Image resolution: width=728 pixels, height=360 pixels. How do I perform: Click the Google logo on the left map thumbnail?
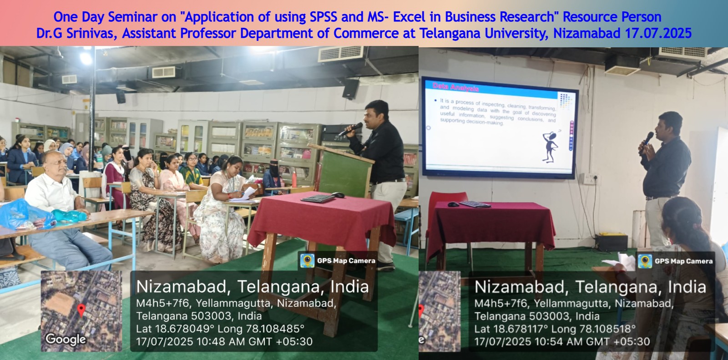coord(66,339)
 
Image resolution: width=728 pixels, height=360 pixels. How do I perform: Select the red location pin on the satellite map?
coord(81,310)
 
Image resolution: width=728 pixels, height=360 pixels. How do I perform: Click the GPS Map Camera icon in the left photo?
coord(307,260)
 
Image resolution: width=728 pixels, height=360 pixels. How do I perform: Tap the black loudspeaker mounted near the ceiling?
coord(350,89)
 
